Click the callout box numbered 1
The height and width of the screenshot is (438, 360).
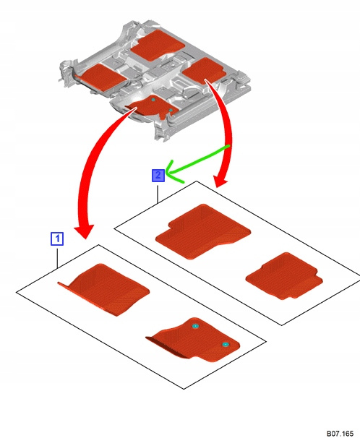coord(57,239)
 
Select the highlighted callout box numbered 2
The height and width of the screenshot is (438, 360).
coord(158,176)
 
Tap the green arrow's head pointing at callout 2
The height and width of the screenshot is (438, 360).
coord(171,171)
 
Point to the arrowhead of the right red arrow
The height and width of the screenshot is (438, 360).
coord(220,181)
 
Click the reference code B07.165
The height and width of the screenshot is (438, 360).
coord(340,433)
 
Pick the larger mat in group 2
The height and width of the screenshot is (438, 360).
coord(202,232)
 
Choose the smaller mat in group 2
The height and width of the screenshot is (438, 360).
coord(284,277)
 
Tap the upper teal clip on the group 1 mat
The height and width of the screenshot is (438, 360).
coord(195,326)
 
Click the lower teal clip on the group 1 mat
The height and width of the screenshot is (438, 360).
coord(226,345)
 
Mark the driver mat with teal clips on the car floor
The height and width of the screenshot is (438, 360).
coord(153,108)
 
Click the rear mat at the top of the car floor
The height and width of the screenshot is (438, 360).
coord(158,46)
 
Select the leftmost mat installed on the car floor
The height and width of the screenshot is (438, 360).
coord(100,77)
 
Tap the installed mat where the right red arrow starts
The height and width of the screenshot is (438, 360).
coord(204,70)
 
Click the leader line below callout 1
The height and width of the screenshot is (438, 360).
coord(57,257)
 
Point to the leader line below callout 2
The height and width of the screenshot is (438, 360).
coord(158,193)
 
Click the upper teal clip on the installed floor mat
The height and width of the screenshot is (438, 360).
coord(153,100)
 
